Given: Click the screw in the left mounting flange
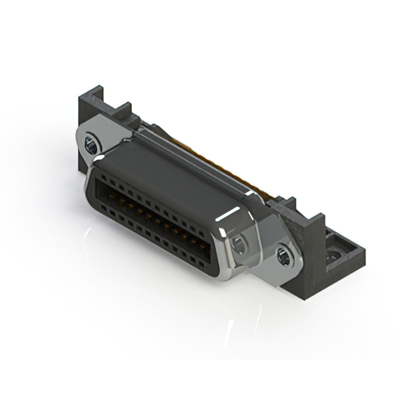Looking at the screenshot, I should pos(92,146).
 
